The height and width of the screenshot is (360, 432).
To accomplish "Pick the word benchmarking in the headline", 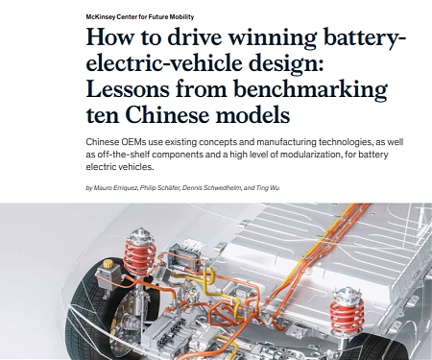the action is [x=307, y=93].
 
